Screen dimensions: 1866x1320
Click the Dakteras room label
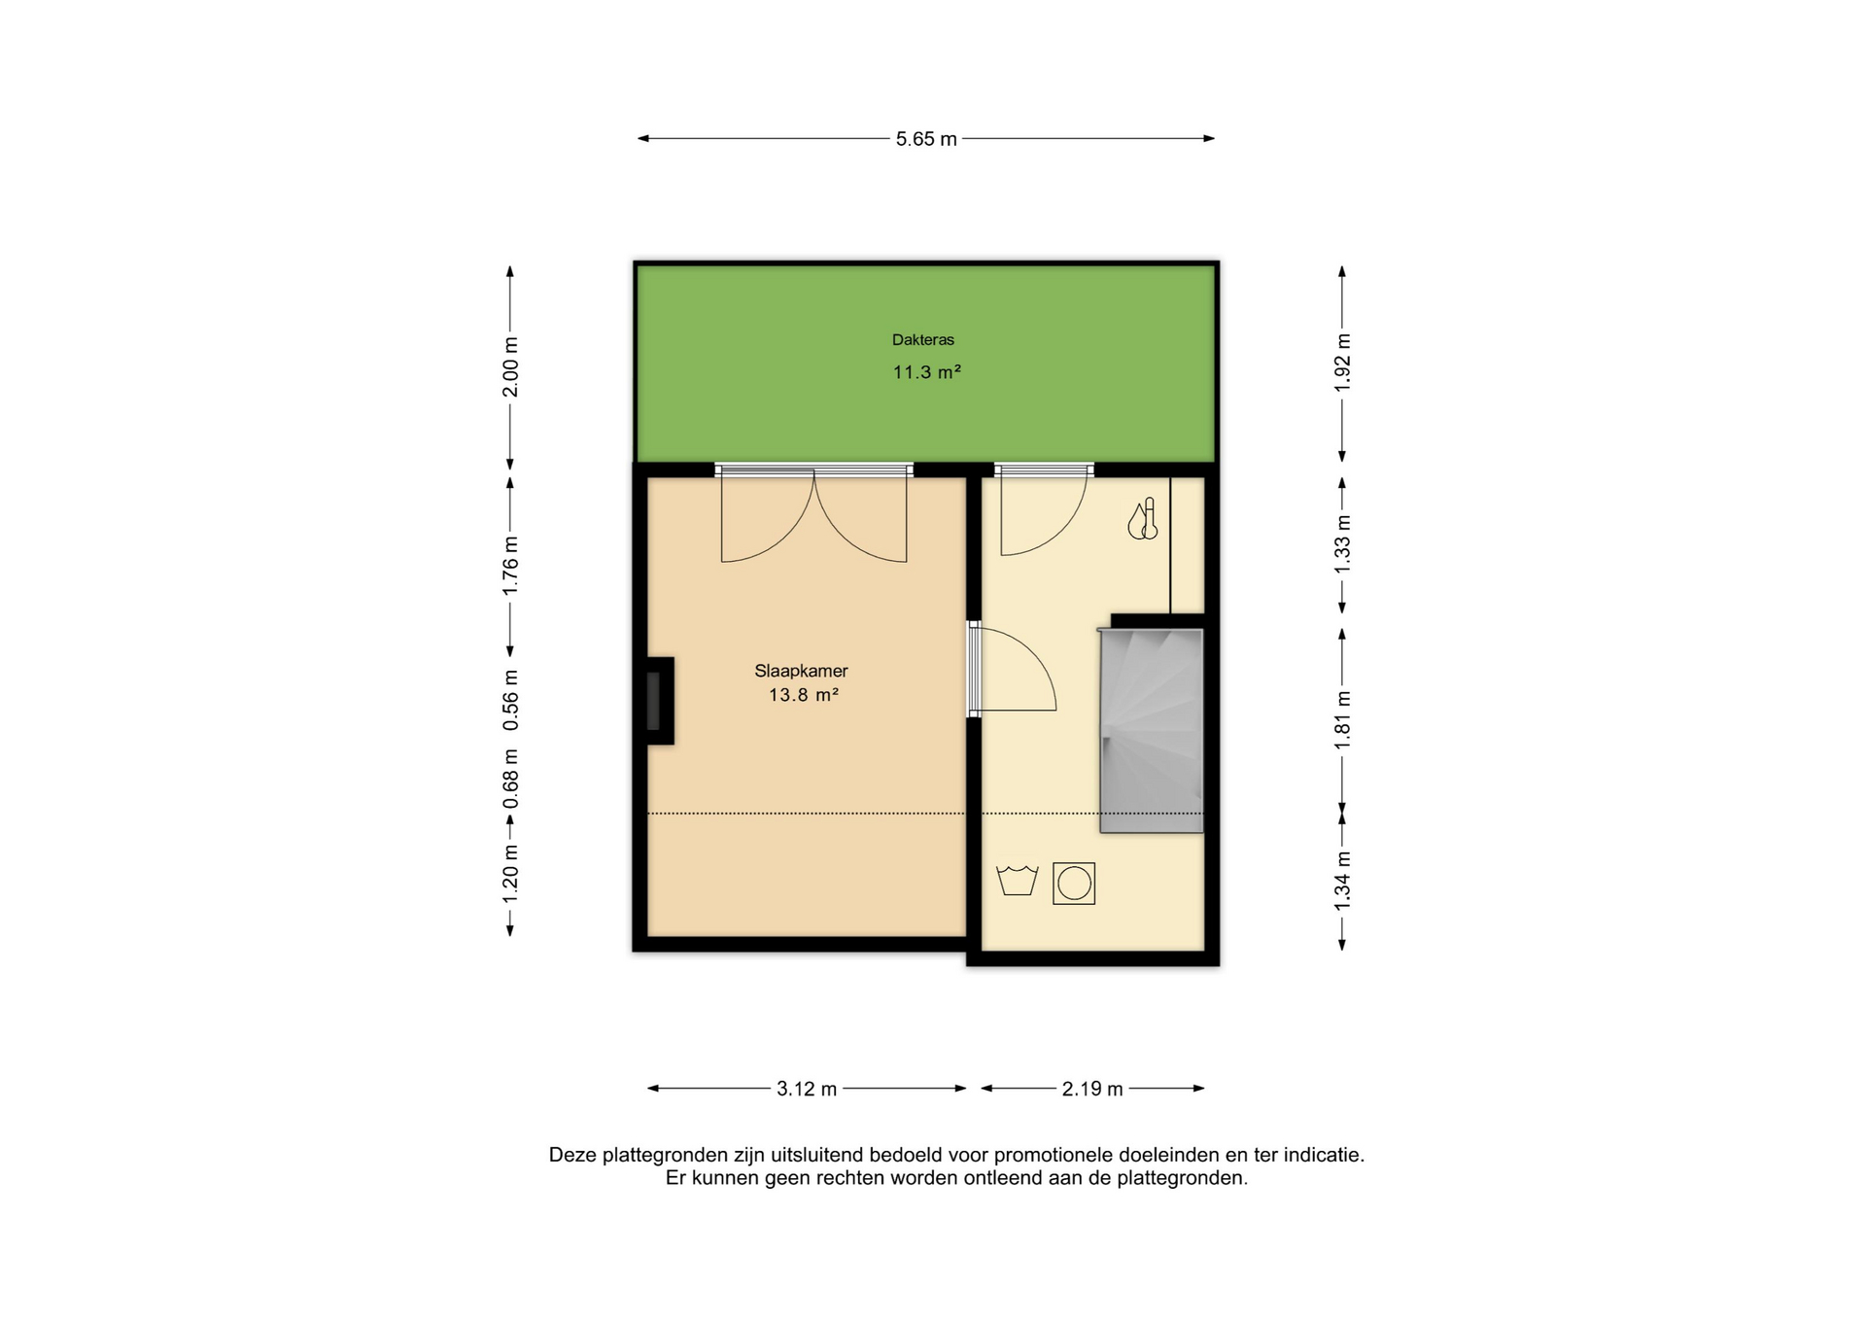click(x=923, y=340)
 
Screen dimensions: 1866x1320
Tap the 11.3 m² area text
click(x=927, y=371)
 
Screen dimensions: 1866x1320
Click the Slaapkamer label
click(x=802, y=671)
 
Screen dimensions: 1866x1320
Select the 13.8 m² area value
click(x=804, y=695)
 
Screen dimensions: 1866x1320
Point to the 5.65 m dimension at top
click(x=926, y=139)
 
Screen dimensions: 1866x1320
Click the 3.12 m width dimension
click(x=807, y=1089)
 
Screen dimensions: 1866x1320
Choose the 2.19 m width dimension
click(x=1092, y=1089)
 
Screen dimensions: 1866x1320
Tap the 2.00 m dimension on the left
click(x=510, y=366)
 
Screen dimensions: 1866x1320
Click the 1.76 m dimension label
click(x=510, y=566)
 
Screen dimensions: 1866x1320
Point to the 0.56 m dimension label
click(x=510, y=700)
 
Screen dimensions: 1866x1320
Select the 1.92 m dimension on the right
click(x=1342, y=363)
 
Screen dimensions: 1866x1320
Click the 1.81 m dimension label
click(x=1342, y=719)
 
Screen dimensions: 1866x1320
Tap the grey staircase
click(x=1152, y=730)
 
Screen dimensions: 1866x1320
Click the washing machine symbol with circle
click(x=1074, y=884)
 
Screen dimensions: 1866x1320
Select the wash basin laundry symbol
click(x=1018, y=880)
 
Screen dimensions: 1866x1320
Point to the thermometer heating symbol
click(x=1143, y=519)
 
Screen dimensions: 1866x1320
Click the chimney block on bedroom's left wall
click(x=659, y=701)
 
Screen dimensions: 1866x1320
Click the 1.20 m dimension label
click(x=510, y=872)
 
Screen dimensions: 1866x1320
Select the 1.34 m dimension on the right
click(x=1342, y=881)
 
